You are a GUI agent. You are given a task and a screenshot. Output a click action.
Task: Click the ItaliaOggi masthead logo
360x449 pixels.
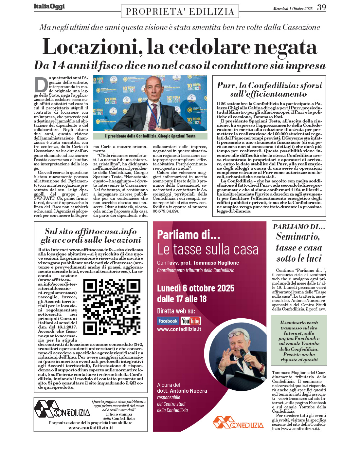49,7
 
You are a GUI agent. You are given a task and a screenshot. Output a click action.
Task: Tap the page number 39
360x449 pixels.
321,7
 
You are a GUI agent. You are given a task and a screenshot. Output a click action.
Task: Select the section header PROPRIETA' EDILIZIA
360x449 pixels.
180,12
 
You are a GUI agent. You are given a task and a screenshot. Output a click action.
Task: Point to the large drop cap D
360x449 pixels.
41,85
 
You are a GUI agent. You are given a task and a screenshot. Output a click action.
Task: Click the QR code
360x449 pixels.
112,307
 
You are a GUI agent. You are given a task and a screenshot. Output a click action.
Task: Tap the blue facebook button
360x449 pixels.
168,321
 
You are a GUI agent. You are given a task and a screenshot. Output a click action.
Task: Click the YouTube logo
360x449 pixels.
191,321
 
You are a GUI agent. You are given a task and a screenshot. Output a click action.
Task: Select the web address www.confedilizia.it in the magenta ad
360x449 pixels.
179,329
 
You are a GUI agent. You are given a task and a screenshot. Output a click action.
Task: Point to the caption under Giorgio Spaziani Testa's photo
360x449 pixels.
150,136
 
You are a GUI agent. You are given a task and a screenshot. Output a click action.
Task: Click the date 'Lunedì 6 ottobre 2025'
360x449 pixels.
196,288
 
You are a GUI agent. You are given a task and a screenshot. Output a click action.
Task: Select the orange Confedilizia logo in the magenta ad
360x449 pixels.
238,422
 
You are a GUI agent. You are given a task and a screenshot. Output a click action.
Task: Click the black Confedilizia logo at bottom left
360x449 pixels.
62,409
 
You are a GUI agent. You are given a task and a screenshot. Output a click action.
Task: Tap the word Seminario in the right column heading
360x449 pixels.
297,236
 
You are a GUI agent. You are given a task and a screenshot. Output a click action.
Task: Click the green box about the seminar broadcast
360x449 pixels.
299,341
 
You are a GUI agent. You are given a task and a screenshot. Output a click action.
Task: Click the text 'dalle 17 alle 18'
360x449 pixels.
182,299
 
